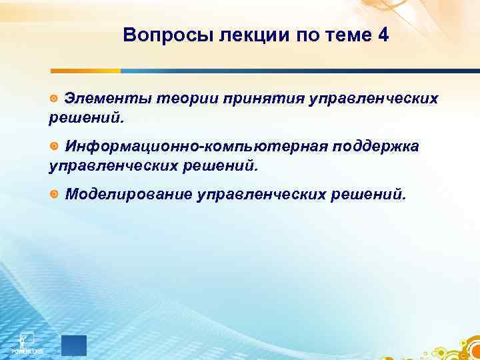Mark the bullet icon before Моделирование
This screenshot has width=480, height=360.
tap(54, 194)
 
